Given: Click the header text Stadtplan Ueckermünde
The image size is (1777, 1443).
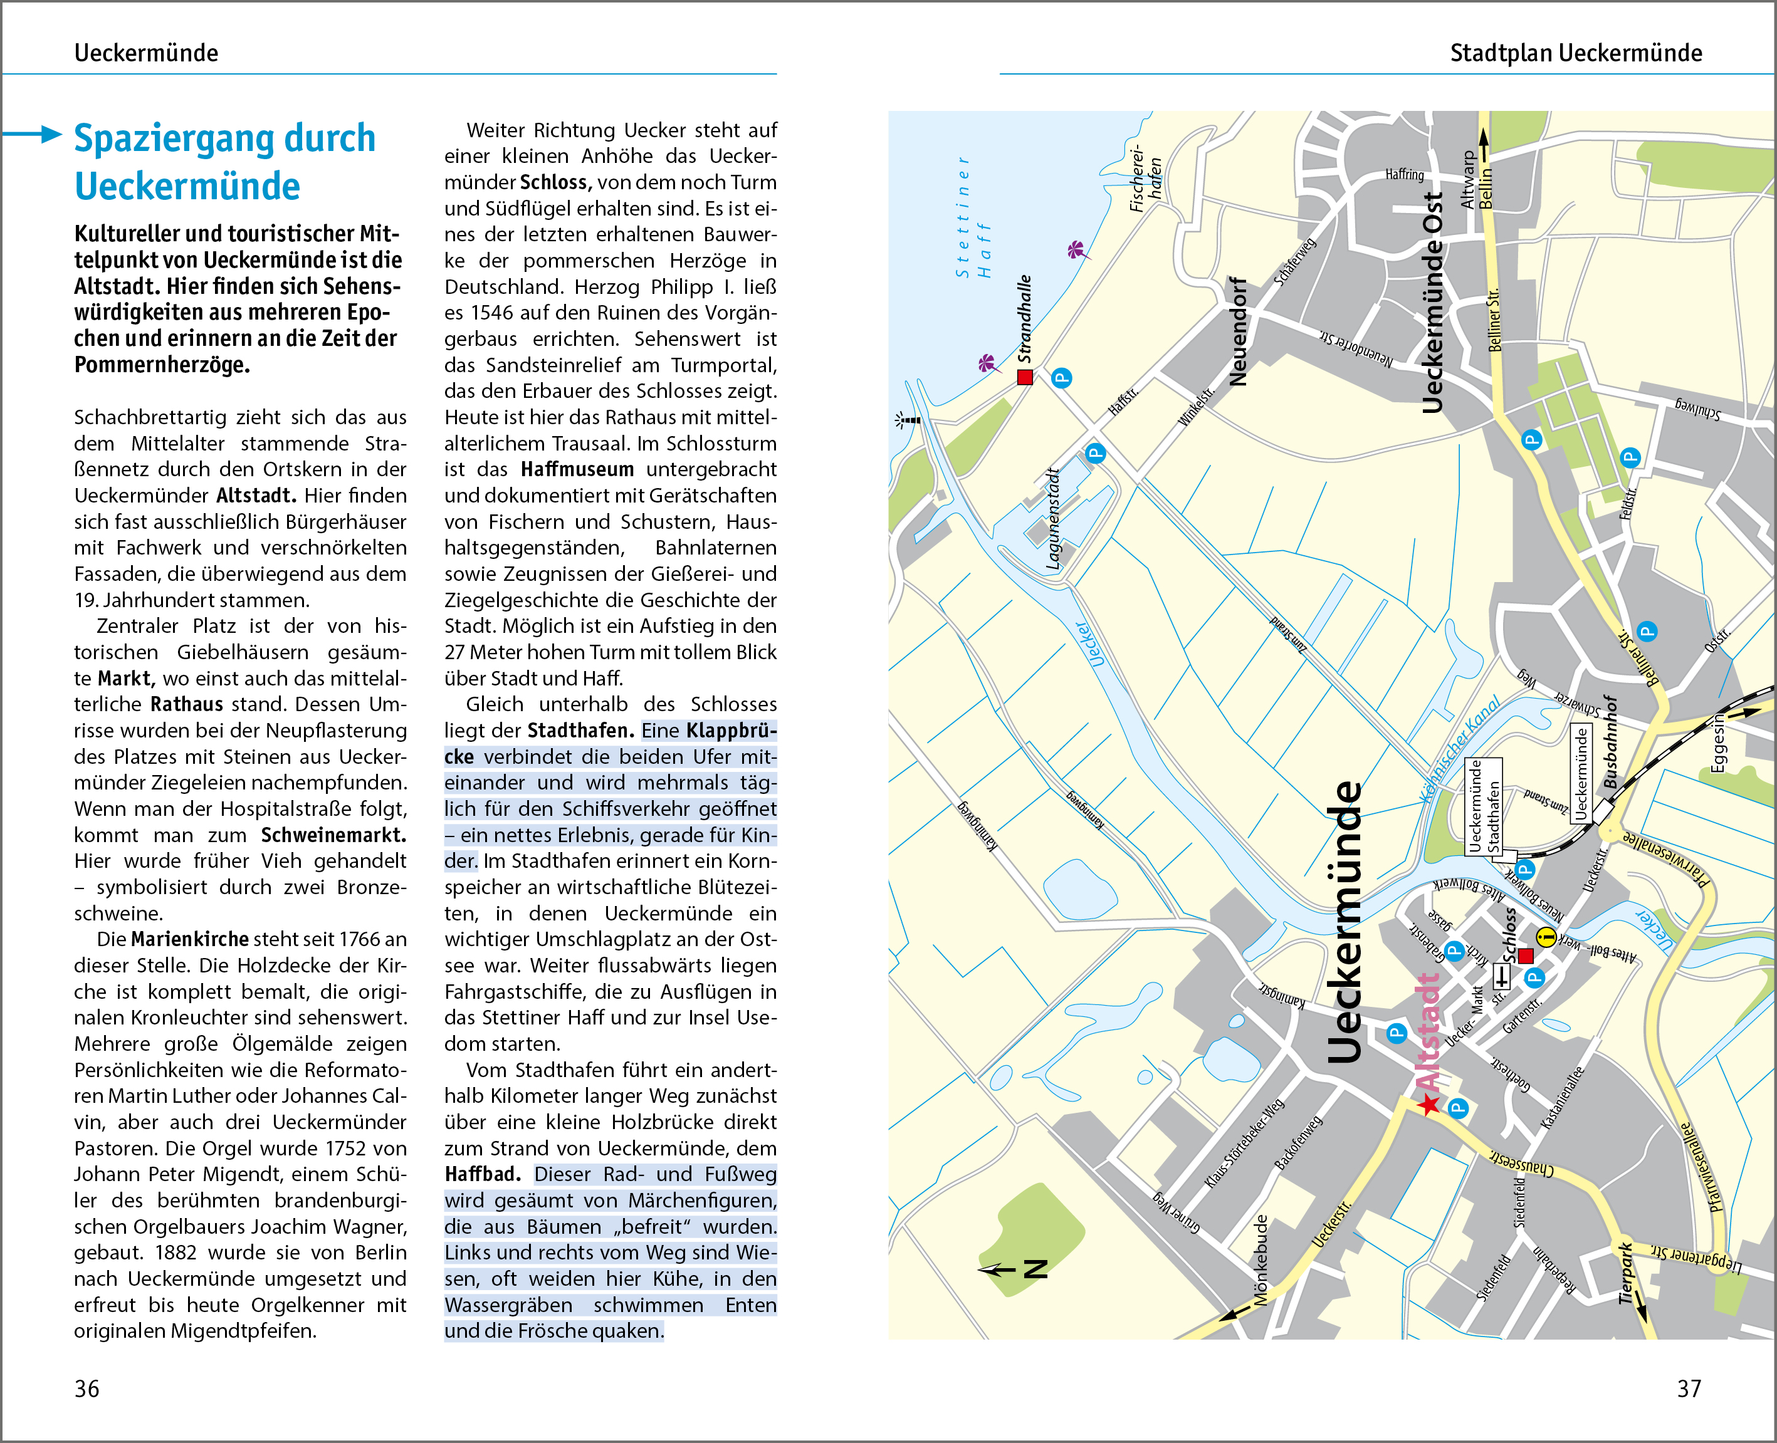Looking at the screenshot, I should [x=1576, y=53].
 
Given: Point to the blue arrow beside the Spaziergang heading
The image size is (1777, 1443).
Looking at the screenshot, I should [x=33, y=134].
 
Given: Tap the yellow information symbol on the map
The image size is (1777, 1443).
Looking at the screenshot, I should [x=1545, y=937].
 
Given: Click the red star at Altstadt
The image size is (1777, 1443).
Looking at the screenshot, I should [x=1429, y=1105].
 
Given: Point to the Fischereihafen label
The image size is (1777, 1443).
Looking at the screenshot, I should [x=1145, y=178].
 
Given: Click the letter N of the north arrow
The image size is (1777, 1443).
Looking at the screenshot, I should [x=1035, y=1268].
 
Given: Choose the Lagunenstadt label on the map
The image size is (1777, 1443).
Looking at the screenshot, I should [x=1053, y=519].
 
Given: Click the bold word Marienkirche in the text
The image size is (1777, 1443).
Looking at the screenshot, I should [x=189, y=939].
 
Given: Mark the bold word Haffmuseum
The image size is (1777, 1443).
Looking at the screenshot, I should [x=577, y=470].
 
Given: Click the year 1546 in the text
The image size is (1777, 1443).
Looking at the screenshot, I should [x=492, y=313].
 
